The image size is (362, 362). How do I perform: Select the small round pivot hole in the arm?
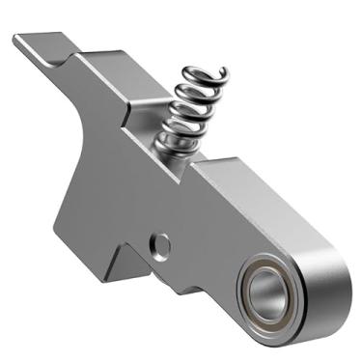(x=162, y=244)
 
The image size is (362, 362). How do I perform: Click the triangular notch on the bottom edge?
(x=126, y=253)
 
